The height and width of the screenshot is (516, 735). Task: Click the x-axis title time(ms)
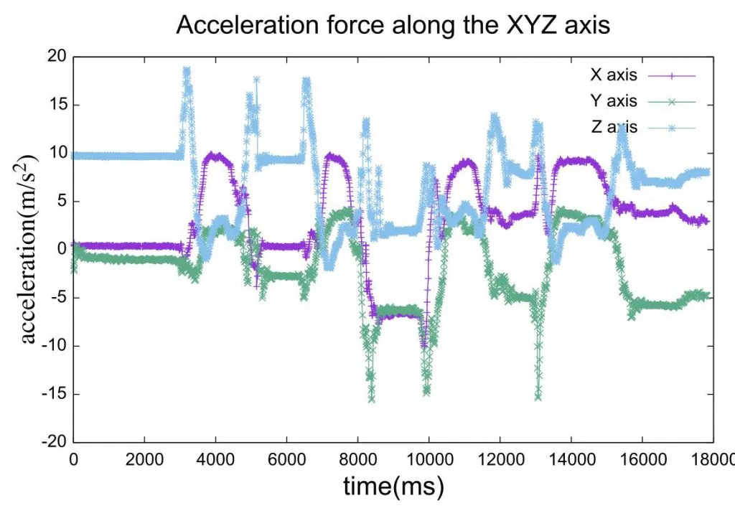393,487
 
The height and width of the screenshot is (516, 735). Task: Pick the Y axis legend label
612,102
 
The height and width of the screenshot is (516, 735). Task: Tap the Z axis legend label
612,128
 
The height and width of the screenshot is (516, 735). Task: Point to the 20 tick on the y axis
56,57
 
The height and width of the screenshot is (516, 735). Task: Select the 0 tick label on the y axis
60,250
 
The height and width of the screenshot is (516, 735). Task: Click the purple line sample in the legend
673,75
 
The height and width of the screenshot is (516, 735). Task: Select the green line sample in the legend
673,102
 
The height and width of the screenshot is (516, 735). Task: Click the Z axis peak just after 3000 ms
186,71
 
